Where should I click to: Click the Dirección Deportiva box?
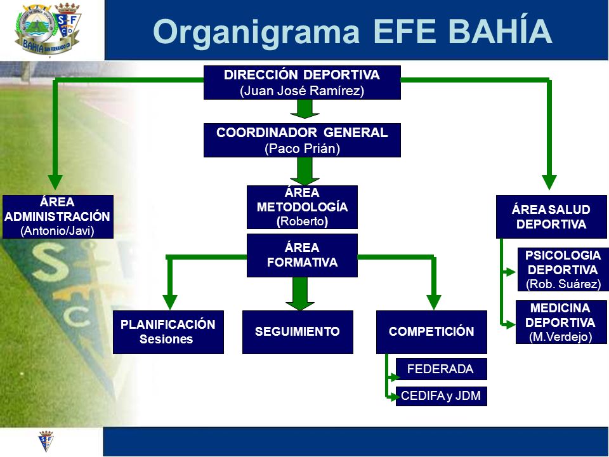302,83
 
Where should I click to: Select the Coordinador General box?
302,140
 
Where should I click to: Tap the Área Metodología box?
302,207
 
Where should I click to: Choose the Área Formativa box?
302,255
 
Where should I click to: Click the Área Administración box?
58,216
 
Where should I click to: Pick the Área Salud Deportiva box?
551,216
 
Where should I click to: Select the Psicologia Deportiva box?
563,269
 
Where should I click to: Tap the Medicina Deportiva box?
561,322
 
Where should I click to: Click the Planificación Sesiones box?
168,332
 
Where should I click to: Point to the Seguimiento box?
298,332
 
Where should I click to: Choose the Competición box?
431,332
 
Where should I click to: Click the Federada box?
442,369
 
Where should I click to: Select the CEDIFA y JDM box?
442,396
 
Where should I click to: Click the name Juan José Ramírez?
302,91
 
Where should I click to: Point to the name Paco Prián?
302,149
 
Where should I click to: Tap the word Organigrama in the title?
256,32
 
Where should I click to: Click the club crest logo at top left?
48,29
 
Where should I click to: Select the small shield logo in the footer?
46,441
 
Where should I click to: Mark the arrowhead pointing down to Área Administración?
55,182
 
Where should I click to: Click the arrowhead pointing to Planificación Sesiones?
170,302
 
